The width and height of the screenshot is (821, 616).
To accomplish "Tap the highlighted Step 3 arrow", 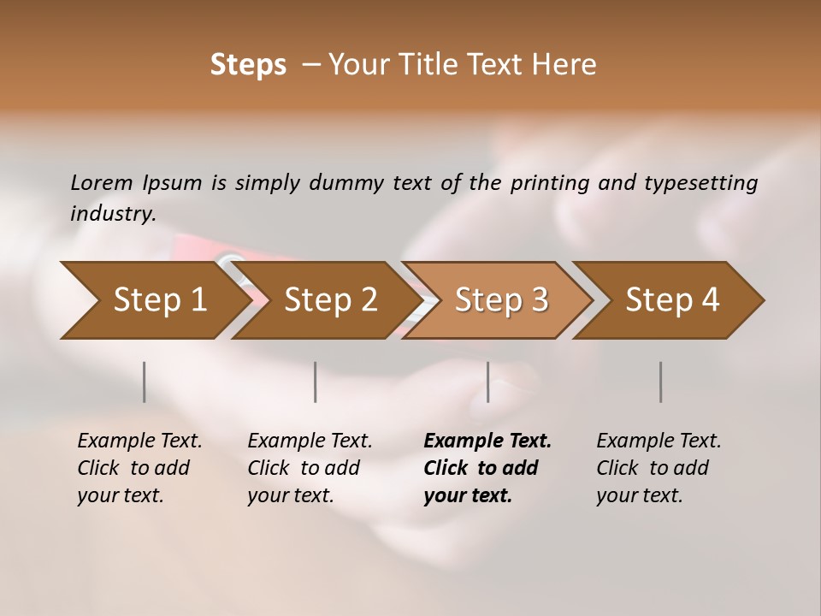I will tap(501, 300).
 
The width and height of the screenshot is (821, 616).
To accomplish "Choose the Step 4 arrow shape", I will tap(672, 300).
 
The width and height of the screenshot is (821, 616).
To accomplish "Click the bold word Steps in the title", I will tap(248, 65).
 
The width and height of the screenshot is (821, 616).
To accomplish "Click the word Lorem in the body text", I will tap(102, 182).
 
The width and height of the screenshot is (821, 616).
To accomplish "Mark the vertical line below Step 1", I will tap(144, 382).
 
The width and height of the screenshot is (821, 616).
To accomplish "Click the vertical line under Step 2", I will tap(316, 382).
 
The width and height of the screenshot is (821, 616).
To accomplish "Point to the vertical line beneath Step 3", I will tap(487, 382).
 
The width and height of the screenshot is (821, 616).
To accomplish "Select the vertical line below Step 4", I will tap(660, 382).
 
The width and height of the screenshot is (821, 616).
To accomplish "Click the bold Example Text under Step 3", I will tap(487, 441).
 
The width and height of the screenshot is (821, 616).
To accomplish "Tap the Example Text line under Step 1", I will tap(139, 441).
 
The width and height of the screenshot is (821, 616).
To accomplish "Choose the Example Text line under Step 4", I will tap(659, 441).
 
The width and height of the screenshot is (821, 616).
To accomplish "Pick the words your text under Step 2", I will tap(290, 495).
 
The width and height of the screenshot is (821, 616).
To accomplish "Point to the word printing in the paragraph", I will tap(549, 182).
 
